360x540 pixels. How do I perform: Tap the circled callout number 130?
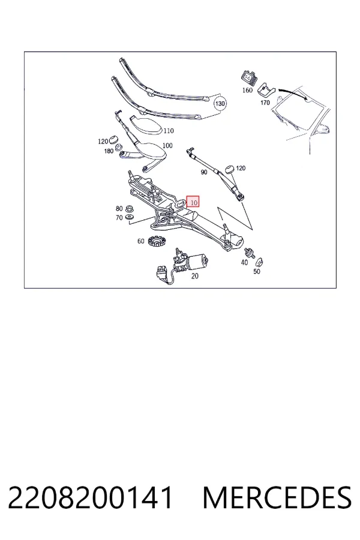[x=220, y=103]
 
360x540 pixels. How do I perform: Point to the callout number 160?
[x=247, y=90]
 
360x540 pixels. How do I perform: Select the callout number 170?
[x=265, y=103]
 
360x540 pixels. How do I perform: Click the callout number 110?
[x=169, y=131]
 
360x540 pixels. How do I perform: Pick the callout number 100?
[x=167, y=145]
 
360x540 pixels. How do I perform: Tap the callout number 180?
[x=109, y=151]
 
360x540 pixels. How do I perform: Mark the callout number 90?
[x=203, y=172]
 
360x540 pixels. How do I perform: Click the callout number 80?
[x=119, y=208]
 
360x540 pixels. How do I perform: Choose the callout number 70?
[x=119, y=218]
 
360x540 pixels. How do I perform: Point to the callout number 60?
[x=140, y=241]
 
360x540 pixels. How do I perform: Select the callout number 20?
[x=194, y=276]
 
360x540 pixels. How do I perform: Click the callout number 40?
[x=244, y=262]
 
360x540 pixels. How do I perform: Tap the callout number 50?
[x=257, y=271]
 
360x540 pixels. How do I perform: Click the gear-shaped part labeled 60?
[x=157, y=241]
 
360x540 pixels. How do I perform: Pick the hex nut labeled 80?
[x=130, y=208]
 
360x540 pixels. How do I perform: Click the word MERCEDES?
[x=277, y=497]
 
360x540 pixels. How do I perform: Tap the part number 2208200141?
[x=90, y=497]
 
